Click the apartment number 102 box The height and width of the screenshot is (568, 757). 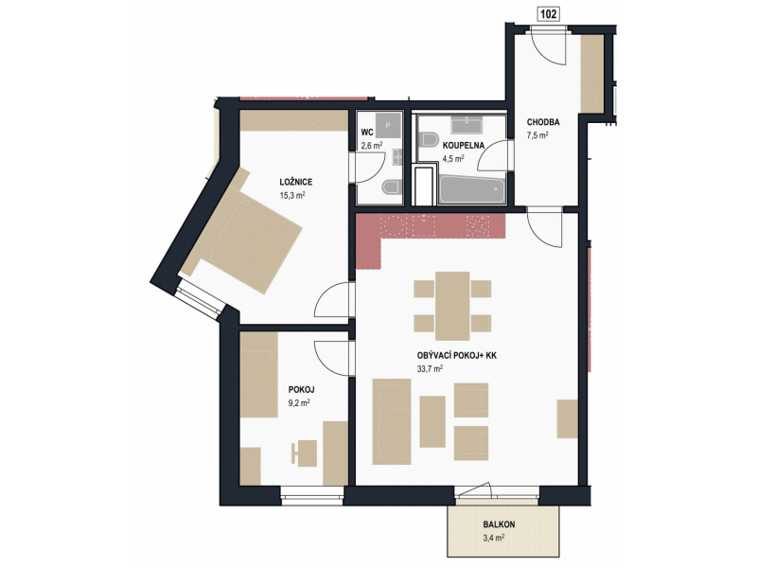(x=548, y=14)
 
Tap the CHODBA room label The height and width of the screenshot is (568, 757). (x=543, y=122)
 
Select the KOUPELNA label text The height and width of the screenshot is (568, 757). (x=464, y=145)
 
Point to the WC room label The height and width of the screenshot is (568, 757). (x=367, y=132)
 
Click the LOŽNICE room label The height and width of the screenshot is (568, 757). (x=296, y=182)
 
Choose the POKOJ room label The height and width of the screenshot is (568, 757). (x=302, y=389)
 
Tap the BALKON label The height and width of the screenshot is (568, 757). (x=500, y=524)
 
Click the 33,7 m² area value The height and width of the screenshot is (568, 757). (x=430, y=369)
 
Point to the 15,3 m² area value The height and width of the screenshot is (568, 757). (x=292, y=195)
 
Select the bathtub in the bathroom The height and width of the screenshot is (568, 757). (x=472, y=190)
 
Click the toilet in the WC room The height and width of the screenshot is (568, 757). (x=392, y=186)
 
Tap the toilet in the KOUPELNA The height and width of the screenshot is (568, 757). (x=429, y=139)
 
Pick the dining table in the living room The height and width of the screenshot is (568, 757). (x=452, y=306)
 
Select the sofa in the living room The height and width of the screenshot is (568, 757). (x=392, y=421)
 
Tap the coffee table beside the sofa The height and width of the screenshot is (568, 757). (x=432, y=421)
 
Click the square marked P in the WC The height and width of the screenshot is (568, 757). (x=388, y=126)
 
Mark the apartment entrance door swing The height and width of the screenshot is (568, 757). (x=549, y=47)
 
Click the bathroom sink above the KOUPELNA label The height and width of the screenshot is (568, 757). (x=466, y=125)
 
